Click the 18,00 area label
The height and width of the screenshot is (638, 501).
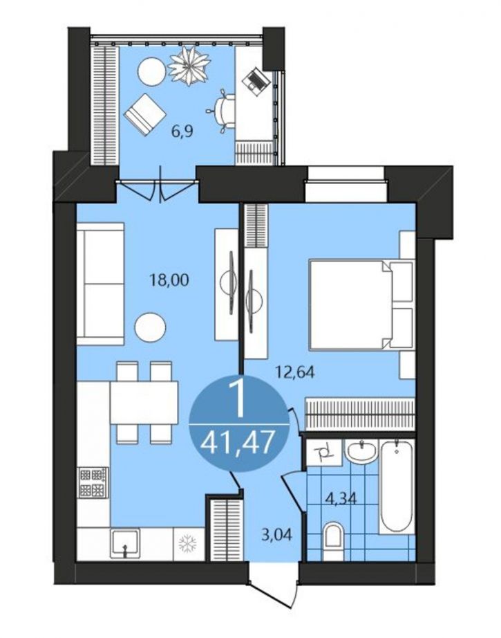point(169,280)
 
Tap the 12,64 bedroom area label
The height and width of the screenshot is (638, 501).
point(295,372)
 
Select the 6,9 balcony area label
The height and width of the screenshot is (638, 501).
point(182,132)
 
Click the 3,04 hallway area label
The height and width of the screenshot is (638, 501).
point(276,534)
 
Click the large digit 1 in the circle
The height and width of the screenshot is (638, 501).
point(237,400)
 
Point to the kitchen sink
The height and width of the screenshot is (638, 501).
point(125,543)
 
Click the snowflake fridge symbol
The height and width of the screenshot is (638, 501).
point(188,543)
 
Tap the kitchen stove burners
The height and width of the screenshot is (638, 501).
point(93,482)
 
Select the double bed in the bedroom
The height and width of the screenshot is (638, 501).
point(361,305)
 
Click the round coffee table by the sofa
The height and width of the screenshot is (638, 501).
point(151,328)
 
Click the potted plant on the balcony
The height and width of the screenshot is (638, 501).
point(189,65)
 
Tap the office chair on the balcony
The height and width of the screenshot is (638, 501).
point(221,111)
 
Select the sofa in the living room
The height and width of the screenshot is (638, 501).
point(100,284)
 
